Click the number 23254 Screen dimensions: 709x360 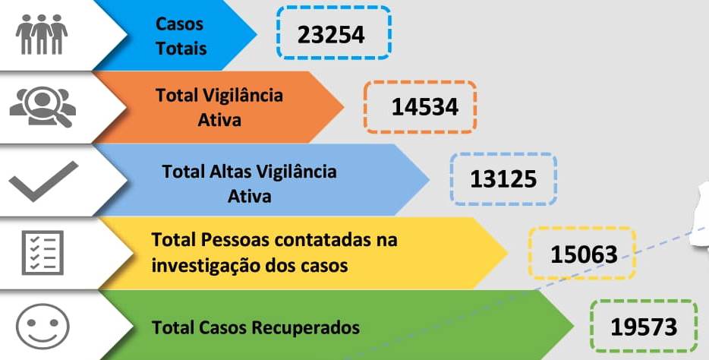[x=331, y=35]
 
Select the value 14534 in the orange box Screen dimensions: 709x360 [x=425, y=107]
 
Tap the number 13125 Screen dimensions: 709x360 [x=503, y=179]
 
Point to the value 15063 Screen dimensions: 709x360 [x=585, y=254]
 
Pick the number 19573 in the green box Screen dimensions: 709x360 [x=644, y=327]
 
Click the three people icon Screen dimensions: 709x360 [x=42, y=34]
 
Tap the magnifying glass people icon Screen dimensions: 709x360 [x=43, y=107]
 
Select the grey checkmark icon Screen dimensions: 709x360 [x=44, y=181]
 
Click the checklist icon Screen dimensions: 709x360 [x=43, y=252]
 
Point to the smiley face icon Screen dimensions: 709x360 [x=43, y=326]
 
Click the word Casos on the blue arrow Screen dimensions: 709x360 [x=179, y=24]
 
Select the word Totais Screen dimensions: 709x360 [x=181, y=49]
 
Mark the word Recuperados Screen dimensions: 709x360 [x=306, y=327]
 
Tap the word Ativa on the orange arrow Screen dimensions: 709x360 [x=219, y=120]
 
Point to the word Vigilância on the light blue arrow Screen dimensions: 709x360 [x=297, y=172]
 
